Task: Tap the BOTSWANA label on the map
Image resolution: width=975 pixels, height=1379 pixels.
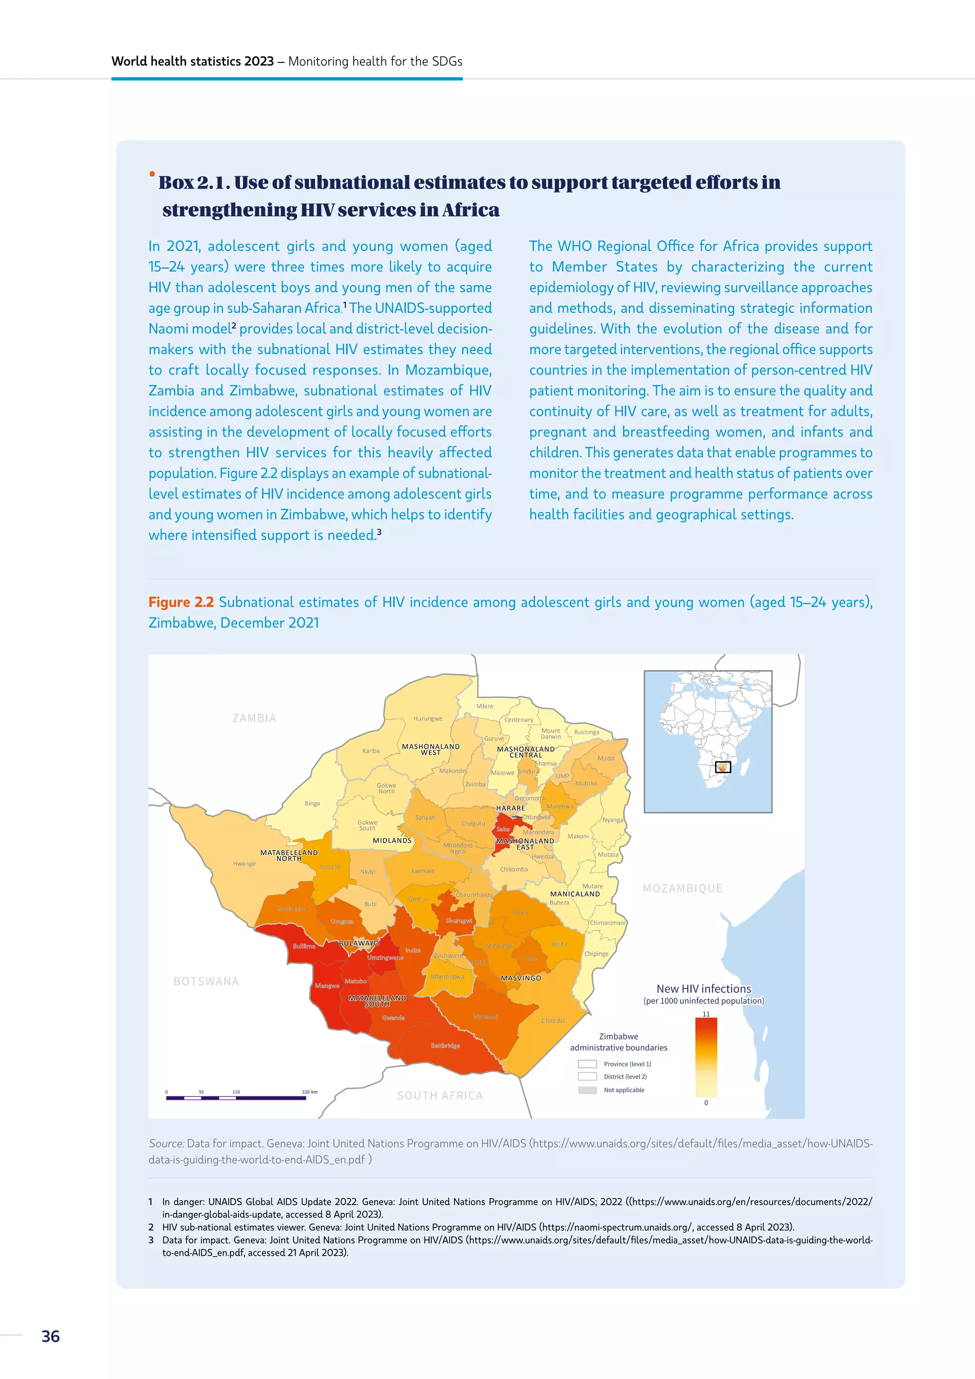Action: [206, 981]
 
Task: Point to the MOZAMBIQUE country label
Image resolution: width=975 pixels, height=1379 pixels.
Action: [682, 888]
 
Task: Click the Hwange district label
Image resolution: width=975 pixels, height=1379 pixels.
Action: [244, 864]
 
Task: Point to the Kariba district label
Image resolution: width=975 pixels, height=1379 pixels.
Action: [371, 751]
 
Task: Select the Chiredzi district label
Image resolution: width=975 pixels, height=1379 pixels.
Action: [552, 1020]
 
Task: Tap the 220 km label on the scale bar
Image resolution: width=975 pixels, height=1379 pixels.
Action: [310, 1092]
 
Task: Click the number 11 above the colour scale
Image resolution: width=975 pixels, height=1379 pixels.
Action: [706, 1014]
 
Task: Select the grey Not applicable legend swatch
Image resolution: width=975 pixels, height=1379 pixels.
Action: [587, 1090]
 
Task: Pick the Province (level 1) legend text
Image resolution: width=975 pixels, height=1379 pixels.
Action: [627, 1064]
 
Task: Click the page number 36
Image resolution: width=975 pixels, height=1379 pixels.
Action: [50, 1336]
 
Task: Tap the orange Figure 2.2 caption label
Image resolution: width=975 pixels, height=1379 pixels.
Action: [181, 602]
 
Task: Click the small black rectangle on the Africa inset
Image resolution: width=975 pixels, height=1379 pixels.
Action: [723, 767]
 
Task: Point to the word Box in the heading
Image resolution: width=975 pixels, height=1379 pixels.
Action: [176, 182]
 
